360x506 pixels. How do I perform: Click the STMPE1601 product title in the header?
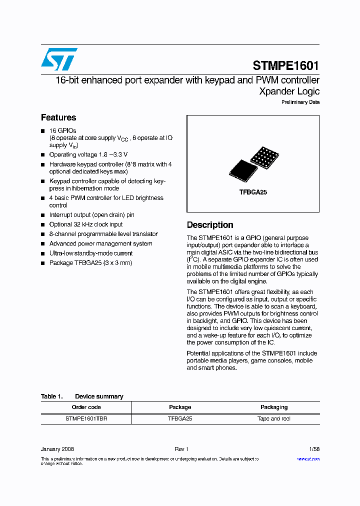[285, 65]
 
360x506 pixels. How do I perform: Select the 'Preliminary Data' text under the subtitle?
[300, 102]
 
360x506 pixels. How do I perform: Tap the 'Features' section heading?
[58, 117]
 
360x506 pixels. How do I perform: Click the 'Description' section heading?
[210, 225]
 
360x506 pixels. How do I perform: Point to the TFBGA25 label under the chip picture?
[253, 192]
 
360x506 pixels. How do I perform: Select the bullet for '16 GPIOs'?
[43, 131]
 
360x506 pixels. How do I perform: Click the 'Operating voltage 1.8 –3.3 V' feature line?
[88, 154]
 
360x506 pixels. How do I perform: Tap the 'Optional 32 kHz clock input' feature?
[85, 224]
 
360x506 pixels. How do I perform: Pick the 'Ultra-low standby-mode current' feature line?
[90, 253]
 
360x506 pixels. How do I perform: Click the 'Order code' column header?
[86, 407]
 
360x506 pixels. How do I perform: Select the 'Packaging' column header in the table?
[274, 407]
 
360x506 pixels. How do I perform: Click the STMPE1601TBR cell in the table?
[86, 418]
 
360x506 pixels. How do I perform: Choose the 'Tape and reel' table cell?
[274, 418]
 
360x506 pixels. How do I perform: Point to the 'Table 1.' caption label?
[51, 396]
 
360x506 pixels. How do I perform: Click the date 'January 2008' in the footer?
[57, 449]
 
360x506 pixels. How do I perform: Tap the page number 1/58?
[314, 449]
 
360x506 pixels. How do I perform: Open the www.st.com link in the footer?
[308, 458]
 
